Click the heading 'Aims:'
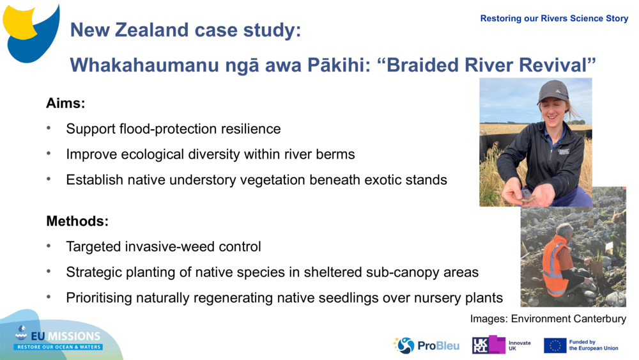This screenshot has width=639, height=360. click(x=66, y=103)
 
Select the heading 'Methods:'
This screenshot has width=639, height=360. click(x=77, y=221)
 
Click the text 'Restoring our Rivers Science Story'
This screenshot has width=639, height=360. click(x=554, y=19)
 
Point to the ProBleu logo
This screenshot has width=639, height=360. click(x=426, y=345)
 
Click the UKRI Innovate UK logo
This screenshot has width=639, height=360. click(x=502, y=345)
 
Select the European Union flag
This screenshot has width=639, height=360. click(x=555, y=345)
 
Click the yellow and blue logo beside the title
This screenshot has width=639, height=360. click(x=31, y=33)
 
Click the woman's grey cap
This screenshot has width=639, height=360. click(x=553, y=91)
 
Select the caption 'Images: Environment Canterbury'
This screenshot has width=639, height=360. click(x=548, y=318)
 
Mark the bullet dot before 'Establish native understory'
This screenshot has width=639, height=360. click(x=49, y=179)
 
